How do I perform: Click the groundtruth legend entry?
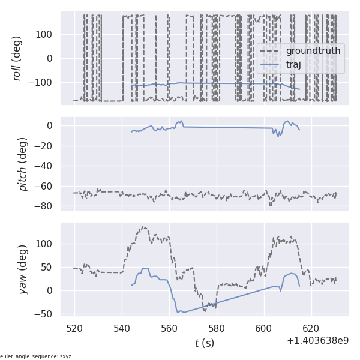313,51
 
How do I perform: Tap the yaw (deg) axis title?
23,269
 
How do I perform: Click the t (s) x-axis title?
204,343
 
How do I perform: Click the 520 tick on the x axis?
75,329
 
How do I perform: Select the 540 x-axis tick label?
122,329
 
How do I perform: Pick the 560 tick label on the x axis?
169,329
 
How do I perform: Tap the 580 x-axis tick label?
217,329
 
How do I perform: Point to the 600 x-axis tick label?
264,329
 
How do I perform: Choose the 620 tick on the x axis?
311,329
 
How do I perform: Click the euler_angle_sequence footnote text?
36,356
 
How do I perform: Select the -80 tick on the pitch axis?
46,206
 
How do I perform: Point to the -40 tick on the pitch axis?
46,166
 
